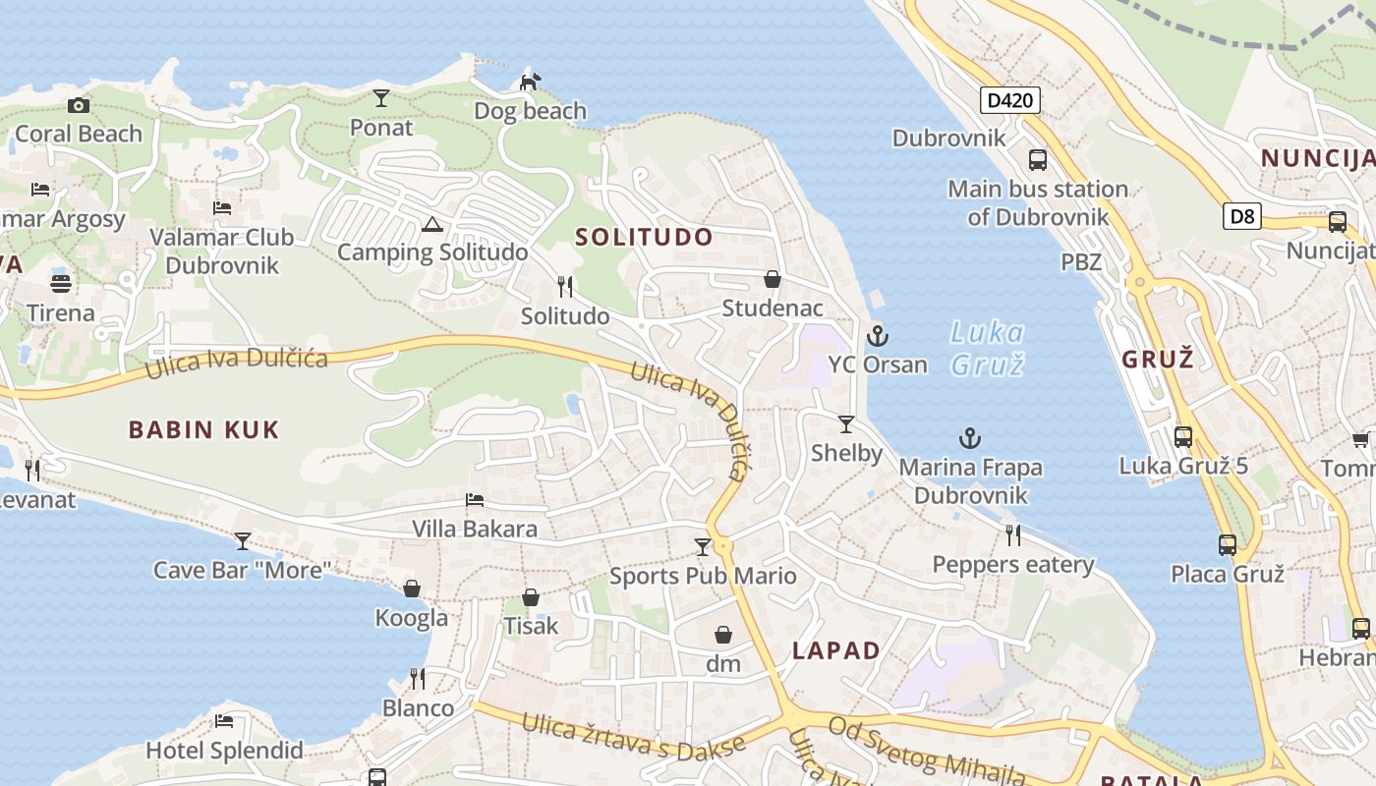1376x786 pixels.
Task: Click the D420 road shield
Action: point(1009,99)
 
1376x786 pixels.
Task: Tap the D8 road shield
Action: point(1242,216)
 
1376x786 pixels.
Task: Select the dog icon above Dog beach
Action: point(530,82)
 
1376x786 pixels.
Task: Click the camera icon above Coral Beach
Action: point(79,105)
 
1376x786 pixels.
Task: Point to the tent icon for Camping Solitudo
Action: point(431,224)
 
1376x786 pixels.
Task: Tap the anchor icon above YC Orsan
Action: point(877,337)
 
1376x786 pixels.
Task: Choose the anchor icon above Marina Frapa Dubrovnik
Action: point(970,438)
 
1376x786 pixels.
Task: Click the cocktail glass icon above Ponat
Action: point(381,98)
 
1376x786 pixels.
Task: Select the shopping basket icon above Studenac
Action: point(773,280)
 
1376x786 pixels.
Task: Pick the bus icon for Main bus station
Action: point(1037,159)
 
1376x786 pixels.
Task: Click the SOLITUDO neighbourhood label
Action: point(644,237)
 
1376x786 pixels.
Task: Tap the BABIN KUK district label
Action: point(204,429)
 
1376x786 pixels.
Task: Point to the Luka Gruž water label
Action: point(988,348)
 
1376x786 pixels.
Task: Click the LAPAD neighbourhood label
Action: point(836,650)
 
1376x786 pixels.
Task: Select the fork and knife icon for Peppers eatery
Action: point(1013,535)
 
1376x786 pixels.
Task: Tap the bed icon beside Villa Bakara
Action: point(475,500)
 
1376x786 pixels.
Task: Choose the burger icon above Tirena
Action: point(61,285)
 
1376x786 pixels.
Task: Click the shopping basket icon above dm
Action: point(723,636)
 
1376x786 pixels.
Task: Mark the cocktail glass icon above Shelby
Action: point(846,424)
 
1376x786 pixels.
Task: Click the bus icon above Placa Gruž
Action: point(1227,544)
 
